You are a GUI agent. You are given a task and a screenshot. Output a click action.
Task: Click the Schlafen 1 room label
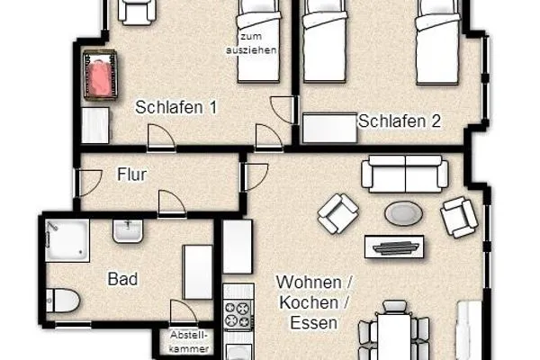point(176,108)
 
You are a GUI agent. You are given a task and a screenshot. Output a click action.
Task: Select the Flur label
point(131,175)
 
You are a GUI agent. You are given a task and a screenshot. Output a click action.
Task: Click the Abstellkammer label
point(189,340)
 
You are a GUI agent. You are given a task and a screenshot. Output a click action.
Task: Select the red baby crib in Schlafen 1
point(100,76)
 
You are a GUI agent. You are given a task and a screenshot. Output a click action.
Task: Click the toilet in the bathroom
point(65,300)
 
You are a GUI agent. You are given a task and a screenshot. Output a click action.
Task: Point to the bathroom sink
point(128,231)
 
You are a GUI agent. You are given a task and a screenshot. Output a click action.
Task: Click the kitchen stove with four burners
point(238,315)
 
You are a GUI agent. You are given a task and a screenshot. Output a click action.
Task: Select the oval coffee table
point(401,213)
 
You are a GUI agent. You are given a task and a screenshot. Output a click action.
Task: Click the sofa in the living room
point(402,172)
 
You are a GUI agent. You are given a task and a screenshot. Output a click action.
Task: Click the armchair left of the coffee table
point(337,213)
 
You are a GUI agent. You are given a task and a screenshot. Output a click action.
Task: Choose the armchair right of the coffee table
point(458,216)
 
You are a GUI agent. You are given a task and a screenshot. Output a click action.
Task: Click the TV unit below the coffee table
point(395,246)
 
